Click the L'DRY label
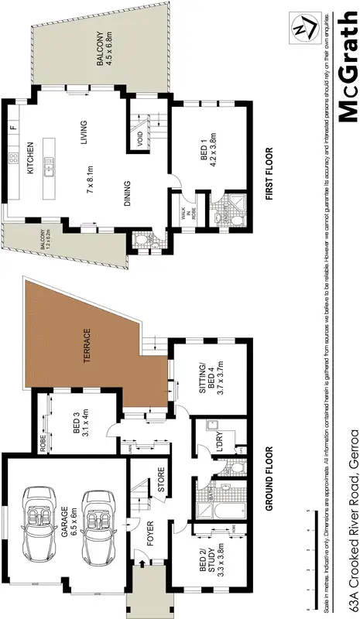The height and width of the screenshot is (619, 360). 206,439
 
